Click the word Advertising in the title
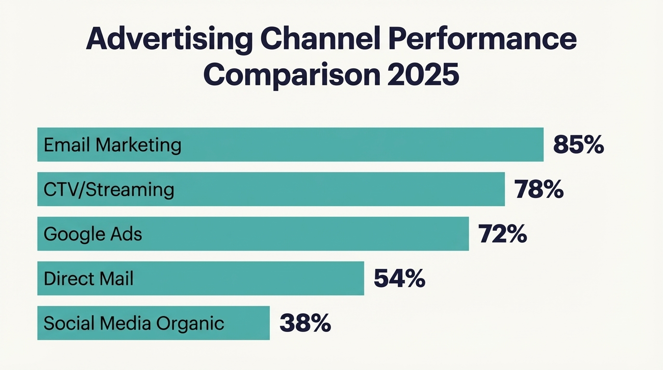169,40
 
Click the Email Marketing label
112,145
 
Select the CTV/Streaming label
109,189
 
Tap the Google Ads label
93,234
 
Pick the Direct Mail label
89,278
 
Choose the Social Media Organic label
134,323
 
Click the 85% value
578,145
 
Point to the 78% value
539,189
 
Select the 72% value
503,234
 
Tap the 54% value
399,278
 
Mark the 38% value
305,323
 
